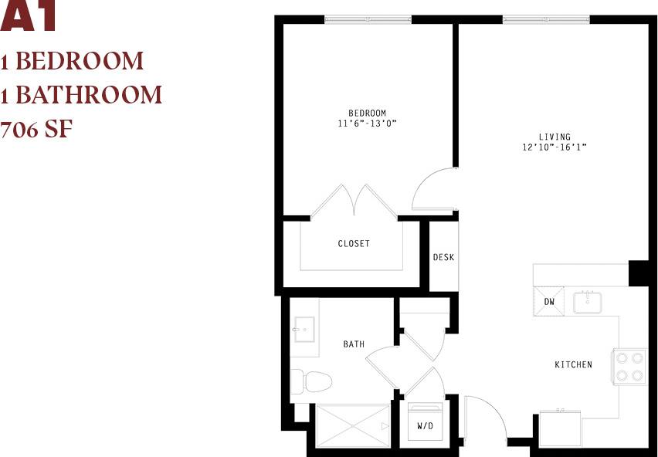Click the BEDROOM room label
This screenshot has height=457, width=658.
[367, 113]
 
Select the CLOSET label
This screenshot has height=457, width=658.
[354, 243]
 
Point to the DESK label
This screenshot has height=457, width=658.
[443, 257]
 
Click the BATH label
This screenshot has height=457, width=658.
[354, 344]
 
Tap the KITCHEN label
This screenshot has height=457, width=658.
[573, 364]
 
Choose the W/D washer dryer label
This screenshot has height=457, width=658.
[426, 425]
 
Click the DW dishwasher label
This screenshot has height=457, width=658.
[549, 301]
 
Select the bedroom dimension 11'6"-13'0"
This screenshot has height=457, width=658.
[367, 123]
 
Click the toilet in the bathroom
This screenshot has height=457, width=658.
[310, 381]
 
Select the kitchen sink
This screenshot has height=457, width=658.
[588, 301]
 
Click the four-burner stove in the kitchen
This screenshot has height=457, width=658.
[629, 367]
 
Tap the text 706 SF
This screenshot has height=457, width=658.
[36, 128]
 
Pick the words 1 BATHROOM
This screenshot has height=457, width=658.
[81, 94]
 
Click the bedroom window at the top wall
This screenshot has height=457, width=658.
[367, 19]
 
